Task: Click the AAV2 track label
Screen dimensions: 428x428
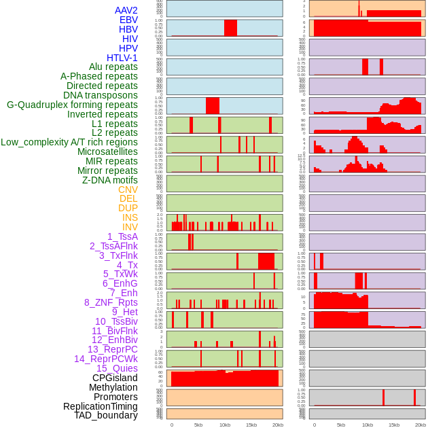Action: tap(126, 10)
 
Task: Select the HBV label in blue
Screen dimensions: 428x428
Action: tap(128, 29)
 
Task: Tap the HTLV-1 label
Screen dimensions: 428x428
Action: tap(122, 58)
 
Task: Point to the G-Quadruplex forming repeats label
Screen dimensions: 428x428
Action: tap(72, 105)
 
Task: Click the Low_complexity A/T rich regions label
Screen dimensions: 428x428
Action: tap(69, 142)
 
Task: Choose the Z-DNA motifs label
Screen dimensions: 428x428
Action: tap(110, 180)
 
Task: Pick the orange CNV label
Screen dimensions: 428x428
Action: tap(128, 190)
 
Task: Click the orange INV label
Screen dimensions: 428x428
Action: tap(130, 227)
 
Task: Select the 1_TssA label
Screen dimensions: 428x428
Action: tap(122, 236)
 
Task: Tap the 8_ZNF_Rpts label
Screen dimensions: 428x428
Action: tap(111, 302)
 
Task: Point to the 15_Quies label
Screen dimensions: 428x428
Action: tap(116, 368)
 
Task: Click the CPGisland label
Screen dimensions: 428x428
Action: tap(115, 378)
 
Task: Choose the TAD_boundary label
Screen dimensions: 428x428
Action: tap(106, 415)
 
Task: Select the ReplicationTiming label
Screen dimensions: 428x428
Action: tap(101, 406)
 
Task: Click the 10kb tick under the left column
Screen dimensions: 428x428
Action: tap(224, 425)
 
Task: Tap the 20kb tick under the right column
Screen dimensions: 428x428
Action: tap(421, 425)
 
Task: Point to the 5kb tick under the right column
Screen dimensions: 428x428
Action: tap(341, 425)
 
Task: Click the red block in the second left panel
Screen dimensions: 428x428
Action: tap(230, 28)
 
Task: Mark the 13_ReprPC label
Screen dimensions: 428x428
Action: tap(112, 349)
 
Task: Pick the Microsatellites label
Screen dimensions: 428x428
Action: tap(107, 151)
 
